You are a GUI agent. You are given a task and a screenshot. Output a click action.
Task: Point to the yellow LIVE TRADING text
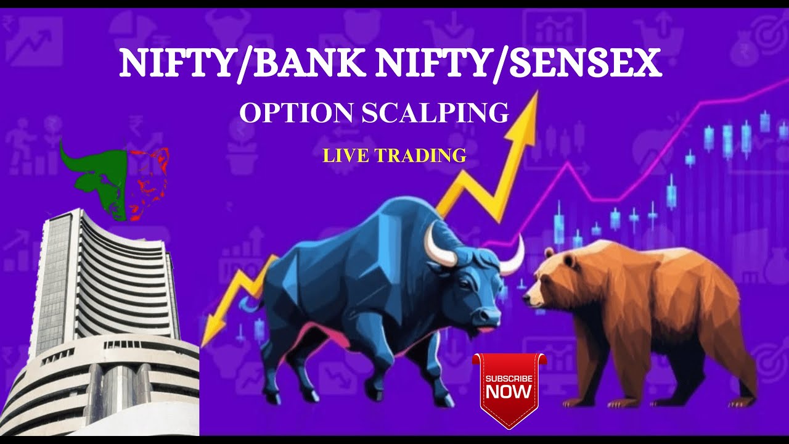pyautogui.click(x=394, y=155)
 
